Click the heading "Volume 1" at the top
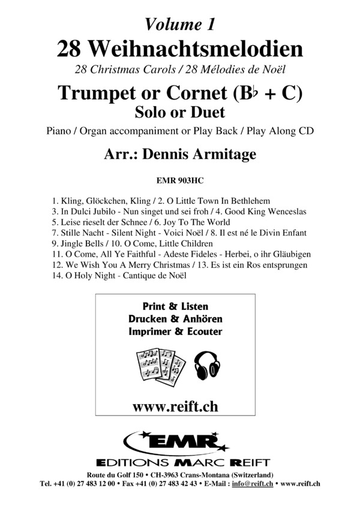pyautogui.click(x=180, y=23)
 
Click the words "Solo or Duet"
pyautogui.click(x=179, y=112)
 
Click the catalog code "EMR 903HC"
pyautogui.click(x=180, y=178)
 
